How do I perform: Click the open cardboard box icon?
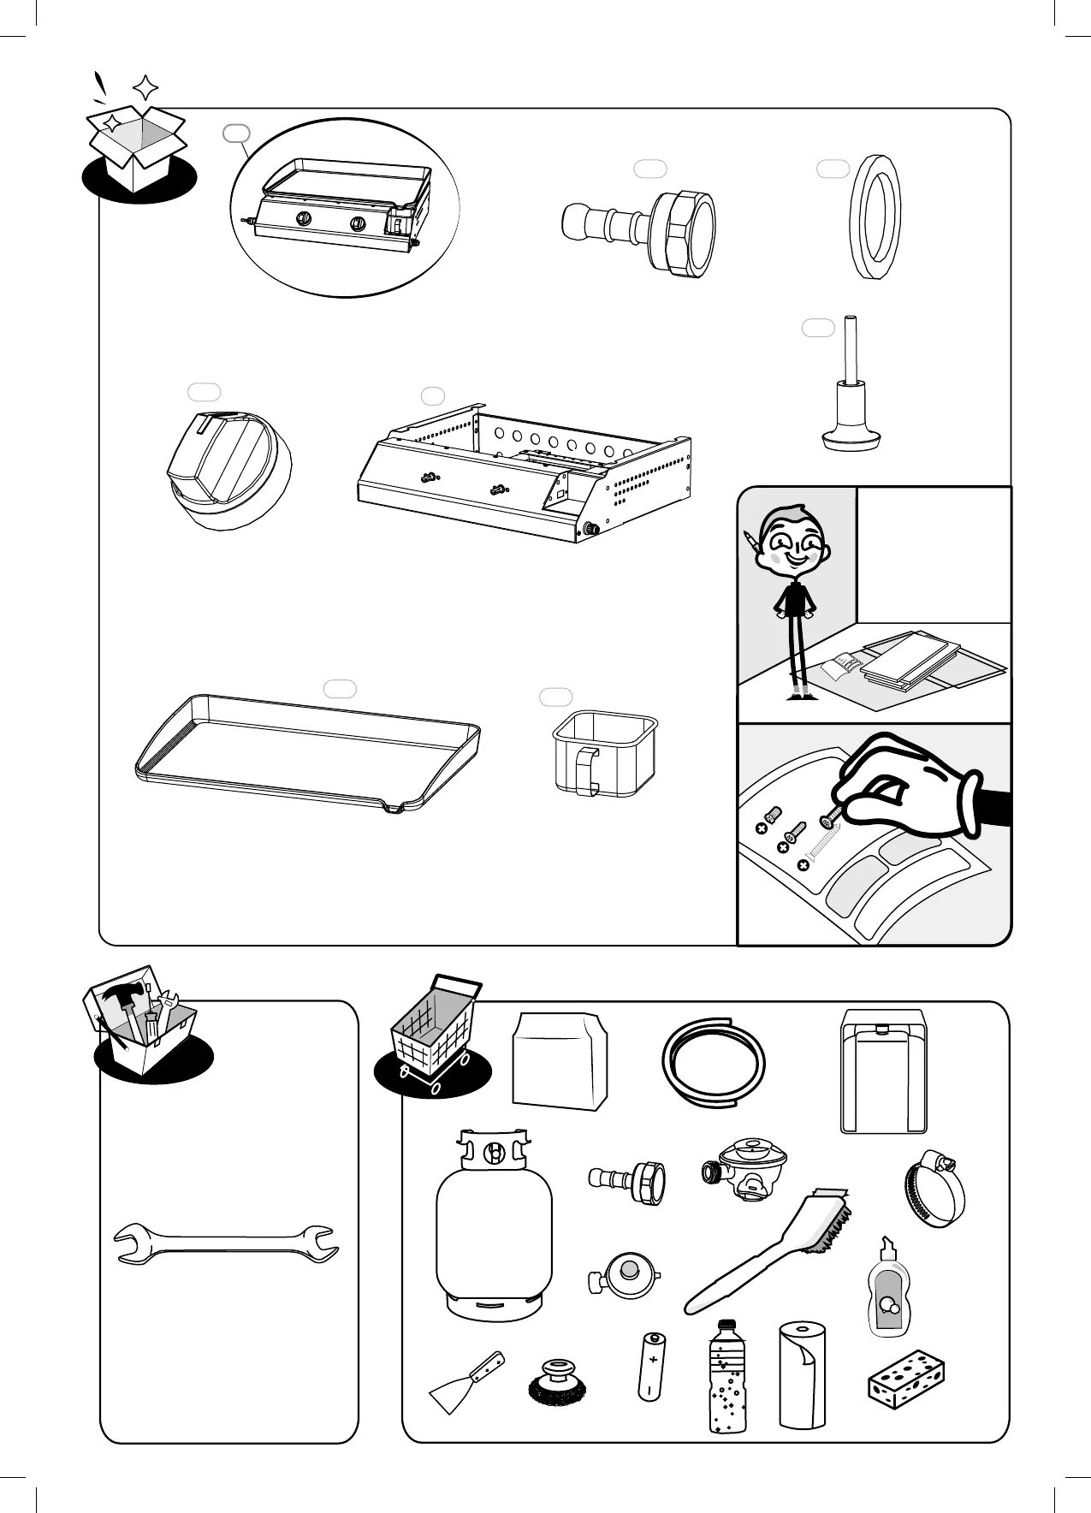tap(138, 145)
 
